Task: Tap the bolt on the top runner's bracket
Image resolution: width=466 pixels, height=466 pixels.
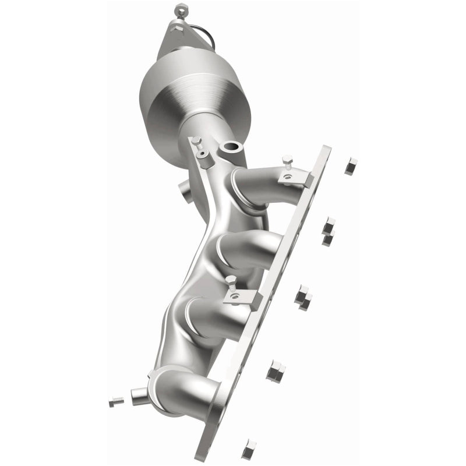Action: coord(287,163)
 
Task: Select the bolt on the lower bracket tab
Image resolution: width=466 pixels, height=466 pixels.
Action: coord(232,285)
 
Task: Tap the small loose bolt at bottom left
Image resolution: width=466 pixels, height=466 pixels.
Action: coord(116,401)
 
